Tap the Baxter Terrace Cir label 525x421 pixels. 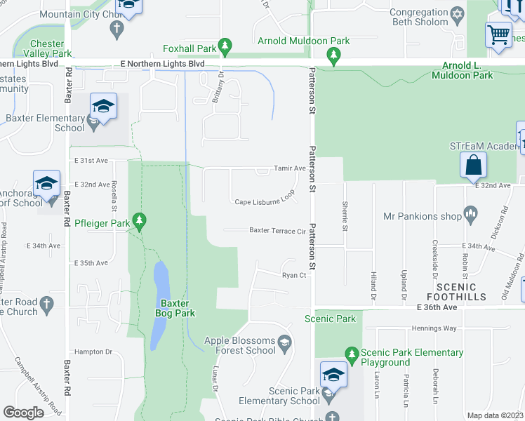tap(277, 230)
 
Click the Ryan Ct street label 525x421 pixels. tap(295, 276)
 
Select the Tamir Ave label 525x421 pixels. tap(290, 168)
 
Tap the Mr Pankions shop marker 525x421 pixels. tap(470, 211)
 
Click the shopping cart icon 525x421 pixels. tap(498, 34)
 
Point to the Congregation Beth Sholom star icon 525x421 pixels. tap(458, 15)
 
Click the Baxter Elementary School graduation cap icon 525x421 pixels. tap(103, 107)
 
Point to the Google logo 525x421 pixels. tap(23, 413)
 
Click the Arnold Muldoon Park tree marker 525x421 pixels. tap(334, 56)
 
